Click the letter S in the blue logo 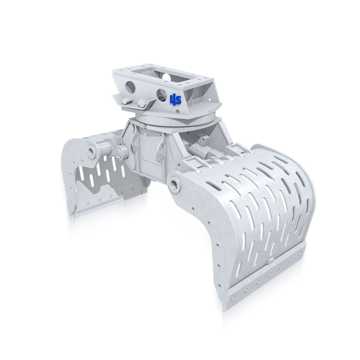178,100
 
